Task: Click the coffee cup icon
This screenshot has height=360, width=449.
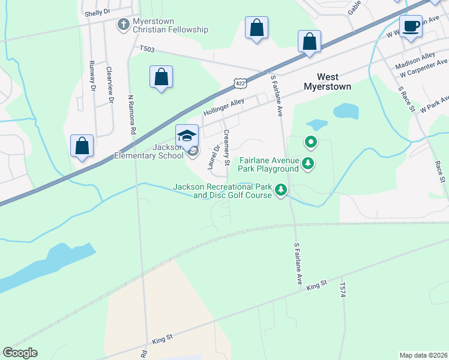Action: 411,26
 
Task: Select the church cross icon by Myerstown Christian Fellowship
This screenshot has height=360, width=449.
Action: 124,25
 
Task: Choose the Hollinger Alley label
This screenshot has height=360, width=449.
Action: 223,107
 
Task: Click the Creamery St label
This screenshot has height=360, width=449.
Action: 227,148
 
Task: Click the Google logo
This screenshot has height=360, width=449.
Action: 20,353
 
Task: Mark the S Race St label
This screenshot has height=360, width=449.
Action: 407,98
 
